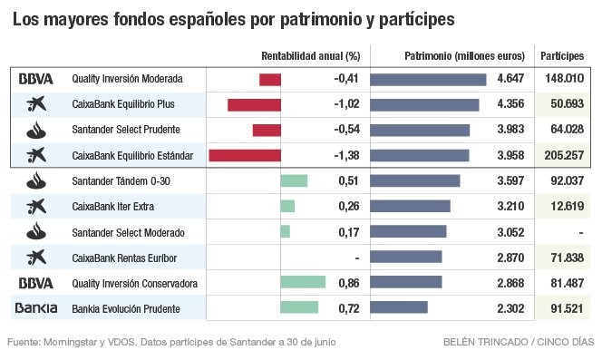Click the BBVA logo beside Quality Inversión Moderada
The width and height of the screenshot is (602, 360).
click(x=36, y=79)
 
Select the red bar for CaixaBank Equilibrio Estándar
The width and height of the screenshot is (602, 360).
click(x=245, y=156)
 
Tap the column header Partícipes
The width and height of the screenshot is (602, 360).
click(x=563, y=55)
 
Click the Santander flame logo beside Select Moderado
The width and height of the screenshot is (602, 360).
click(x=36, y=232)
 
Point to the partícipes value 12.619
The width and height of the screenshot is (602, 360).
click(x=567, y=207)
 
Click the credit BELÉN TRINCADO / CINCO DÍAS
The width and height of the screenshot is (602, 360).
click(x=519, y=343)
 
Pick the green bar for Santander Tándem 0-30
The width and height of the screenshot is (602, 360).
click(x=294, y=181)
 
